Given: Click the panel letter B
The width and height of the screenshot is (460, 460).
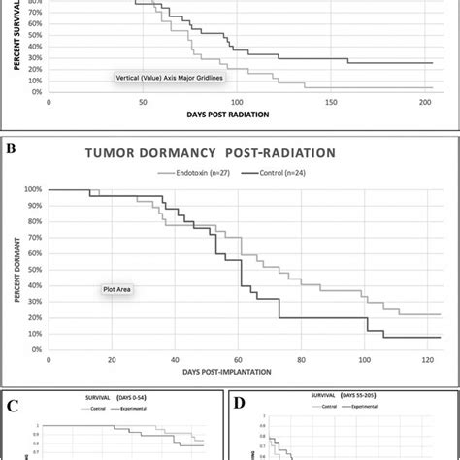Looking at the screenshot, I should [x=14, y=149].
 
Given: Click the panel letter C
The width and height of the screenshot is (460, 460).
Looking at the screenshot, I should [x=13, y=400].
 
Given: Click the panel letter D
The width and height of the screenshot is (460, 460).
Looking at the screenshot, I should [x=239, y=400].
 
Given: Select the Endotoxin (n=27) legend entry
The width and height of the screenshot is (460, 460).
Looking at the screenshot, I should [x=201, y=172].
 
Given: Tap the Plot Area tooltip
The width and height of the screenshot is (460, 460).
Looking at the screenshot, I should [x=120, y=288].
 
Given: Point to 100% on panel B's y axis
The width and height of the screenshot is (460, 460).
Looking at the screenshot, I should [x=32, y=189].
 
